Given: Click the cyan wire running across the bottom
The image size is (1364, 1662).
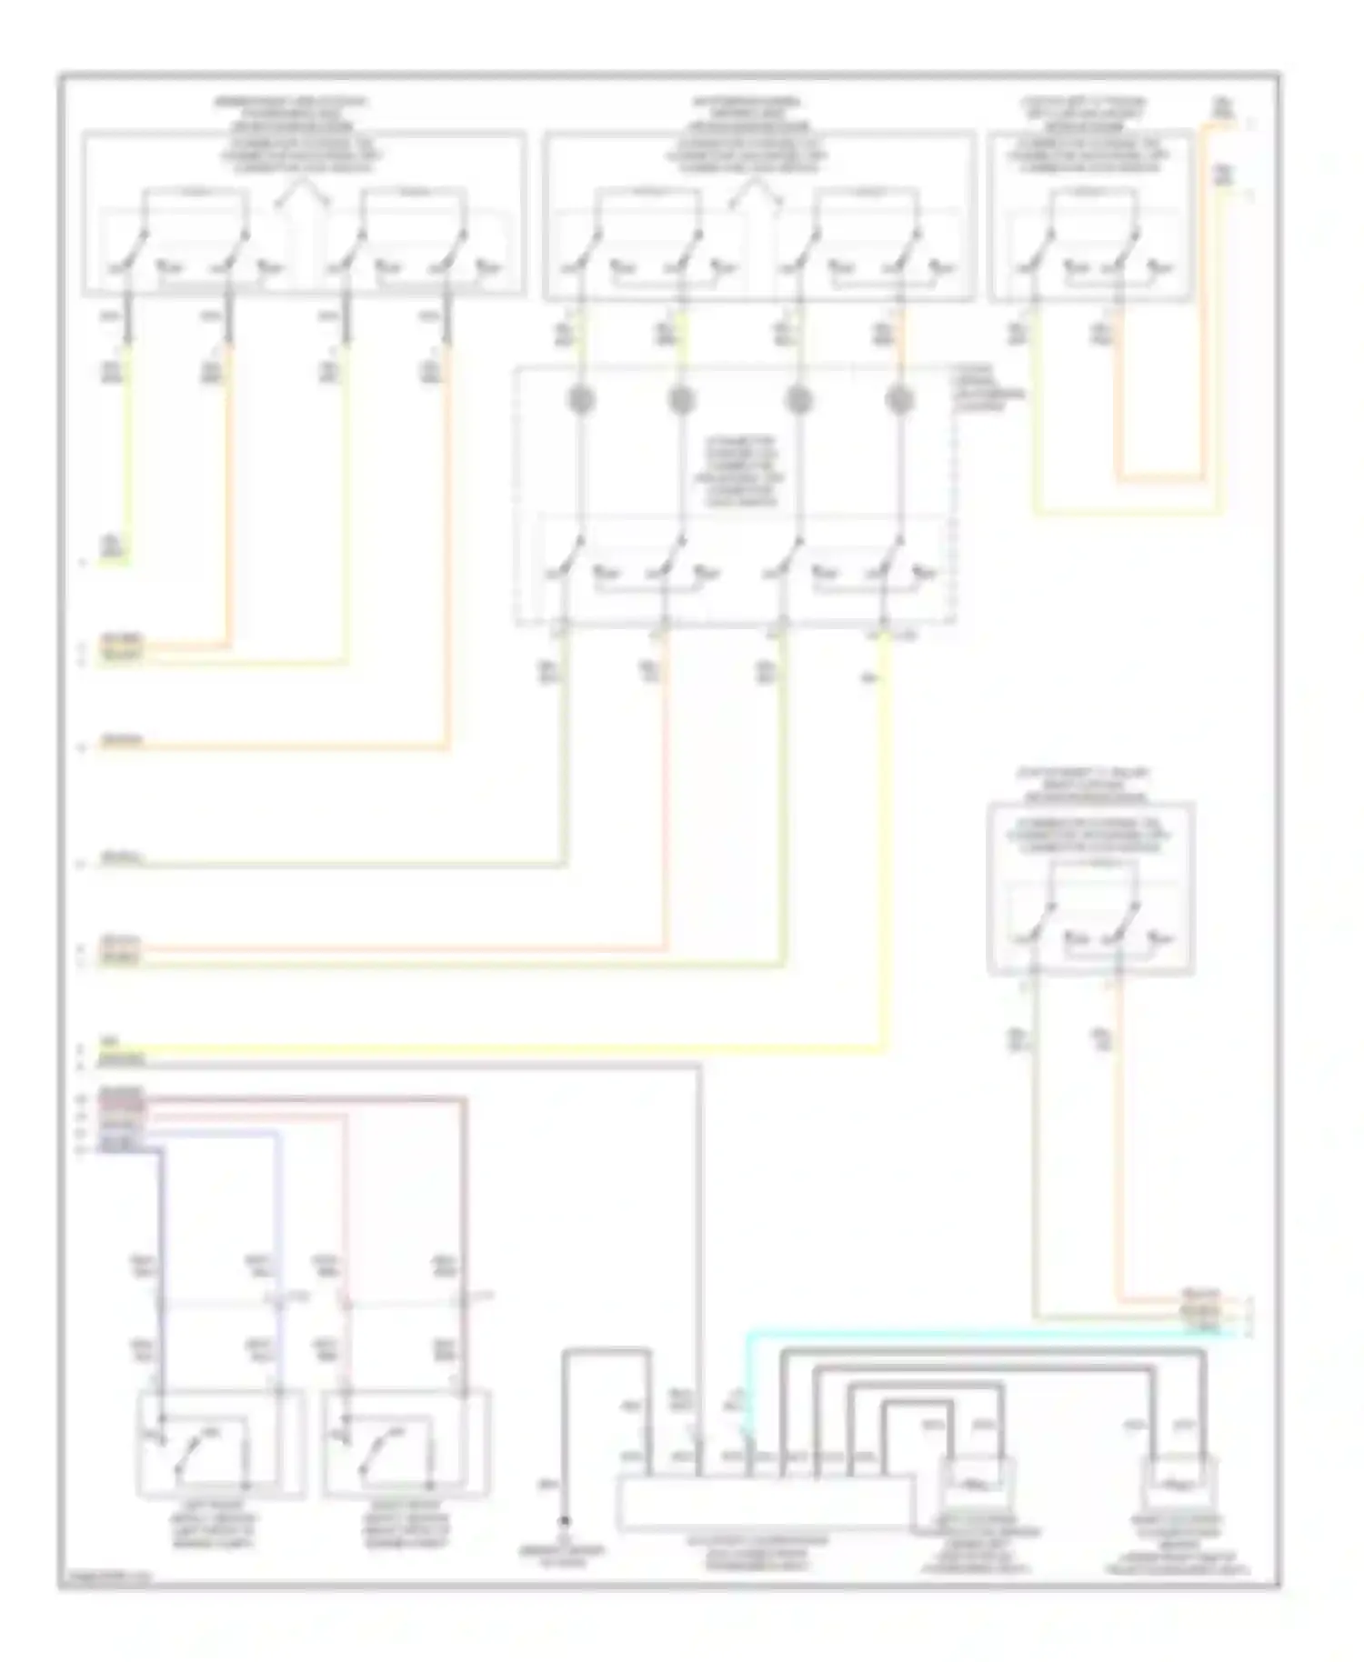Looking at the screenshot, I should click(x=1000, y=1334).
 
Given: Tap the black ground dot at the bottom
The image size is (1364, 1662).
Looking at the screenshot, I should click(x=565, y=1521).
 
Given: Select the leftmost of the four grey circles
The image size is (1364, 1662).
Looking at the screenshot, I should click(x=580, y=399).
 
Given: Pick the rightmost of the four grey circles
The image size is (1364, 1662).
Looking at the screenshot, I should click(x=898, y=399).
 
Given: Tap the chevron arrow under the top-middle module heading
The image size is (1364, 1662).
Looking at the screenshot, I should click(x=755, y=192).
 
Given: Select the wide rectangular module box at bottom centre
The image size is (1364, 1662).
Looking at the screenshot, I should click(x=764, y=1502).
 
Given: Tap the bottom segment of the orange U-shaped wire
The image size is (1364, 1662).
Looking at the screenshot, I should click(x=1159, y=476).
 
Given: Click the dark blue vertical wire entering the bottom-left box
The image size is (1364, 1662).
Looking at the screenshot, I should click(x=162, y=1273).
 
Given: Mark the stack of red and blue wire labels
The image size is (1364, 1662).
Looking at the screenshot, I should click(x=121, y=1118).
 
